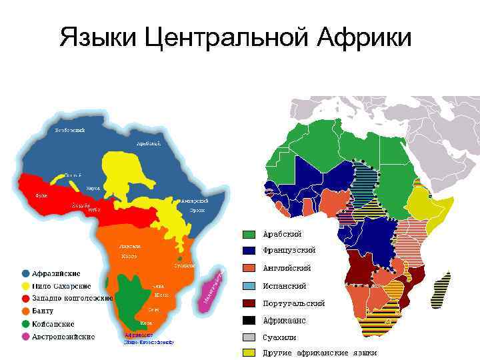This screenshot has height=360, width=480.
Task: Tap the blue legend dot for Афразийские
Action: pyautogui.click(x=25, y=273)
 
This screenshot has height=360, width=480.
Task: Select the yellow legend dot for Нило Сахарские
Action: pyautogui.click(x=25, y=286)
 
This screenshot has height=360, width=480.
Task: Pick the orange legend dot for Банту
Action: pyautogui.click(x=25, y=311)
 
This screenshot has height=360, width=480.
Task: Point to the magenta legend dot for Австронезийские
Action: pyautogui.click(x=25, y=337)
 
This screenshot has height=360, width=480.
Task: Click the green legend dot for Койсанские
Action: pyautogui.click(x=25, y=324)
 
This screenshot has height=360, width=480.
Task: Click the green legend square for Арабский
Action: pyautogui.click(x=249, y=235)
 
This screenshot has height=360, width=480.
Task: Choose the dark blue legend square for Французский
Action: pyautogui.click(x=249, y=251)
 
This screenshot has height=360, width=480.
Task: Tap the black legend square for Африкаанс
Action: pyautogui.click(x=249, y=321)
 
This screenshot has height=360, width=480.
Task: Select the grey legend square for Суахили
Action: pyautogui.click(x=249, y=337)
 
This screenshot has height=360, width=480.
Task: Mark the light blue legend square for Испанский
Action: pyautogui.click(x=249, y=286)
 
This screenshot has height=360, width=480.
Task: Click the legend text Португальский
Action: pyautogui.click(x=294, y=303)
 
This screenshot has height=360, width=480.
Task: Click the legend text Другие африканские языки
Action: pyautogui.click(x=320, y=353)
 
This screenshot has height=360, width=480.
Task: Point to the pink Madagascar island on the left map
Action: pyautogui.click(x=213, y=290)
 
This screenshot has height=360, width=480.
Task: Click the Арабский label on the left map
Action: pyautogui.click(x=147, y=143)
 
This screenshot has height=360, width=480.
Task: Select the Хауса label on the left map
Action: pyautogui.click(x=93, y=189)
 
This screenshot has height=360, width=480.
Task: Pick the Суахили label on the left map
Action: pyautogui.click(x=185, y=265)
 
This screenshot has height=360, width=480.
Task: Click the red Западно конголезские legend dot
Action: pyautogui.click(x=25, y=299)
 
